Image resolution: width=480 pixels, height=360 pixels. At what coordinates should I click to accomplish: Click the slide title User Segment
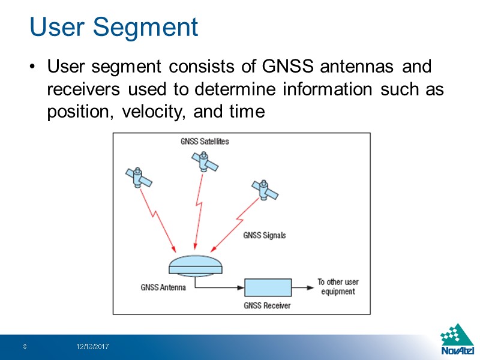(113, 27)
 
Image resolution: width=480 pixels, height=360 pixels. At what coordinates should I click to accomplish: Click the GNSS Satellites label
(205, 142)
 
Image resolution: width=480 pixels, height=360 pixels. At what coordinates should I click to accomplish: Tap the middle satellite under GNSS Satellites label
(203, 161)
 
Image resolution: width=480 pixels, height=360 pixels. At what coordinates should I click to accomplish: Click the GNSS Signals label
(264, 235)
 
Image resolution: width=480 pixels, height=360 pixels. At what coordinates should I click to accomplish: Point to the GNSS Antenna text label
(163, 287)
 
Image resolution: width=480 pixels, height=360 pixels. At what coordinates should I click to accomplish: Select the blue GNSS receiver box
(268, 287)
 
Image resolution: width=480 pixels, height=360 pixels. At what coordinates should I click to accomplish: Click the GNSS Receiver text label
(267, 305)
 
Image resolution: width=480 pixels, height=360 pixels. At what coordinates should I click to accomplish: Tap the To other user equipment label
(338, 287)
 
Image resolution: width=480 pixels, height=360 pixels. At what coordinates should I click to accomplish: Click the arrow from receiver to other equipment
(302, 287)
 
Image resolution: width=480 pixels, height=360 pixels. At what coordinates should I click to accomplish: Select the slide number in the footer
(25, 347)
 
